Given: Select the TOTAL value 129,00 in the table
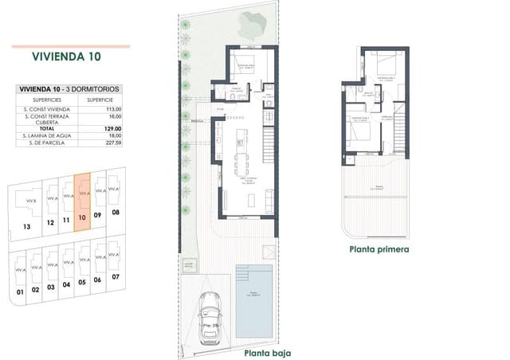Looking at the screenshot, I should [x=112, y=128].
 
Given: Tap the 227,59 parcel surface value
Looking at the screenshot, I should [x=112, y=143].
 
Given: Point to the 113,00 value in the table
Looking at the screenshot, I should [x=112, y=108].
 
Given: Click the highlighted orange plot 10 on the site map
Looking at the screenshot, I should [x=83, y=202].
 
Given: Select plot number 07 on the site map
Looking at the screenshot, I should [x=116, y=276].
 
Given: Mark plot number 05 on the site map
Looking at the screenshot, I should [x=83, y=282].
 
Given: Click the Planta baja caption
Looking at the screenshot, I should [x=267, y=352].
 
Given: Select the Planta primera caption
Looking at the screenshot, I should [x=379, y=248].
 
